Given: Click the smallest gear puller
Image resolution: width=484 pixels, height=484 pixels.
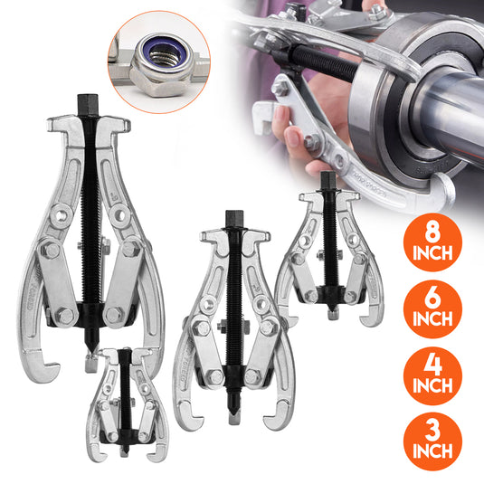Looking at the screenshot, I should pos(126,400).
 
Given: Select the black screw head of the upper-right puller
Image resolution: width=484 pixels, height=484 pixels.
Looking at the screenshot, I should pos(327,180).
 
